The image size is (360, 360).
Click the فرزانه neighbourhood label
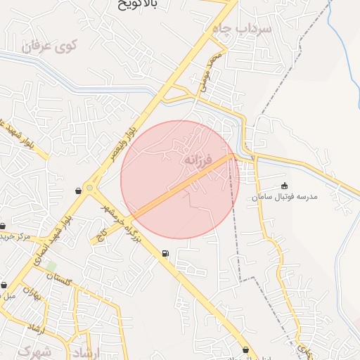click(198, 160)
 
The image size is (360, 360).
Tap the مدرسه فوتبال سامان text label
click(285, 197)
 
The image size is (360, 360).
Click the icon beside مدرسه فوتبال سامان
click(284, 186)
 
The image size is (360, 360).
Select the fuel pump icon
click(165, 253)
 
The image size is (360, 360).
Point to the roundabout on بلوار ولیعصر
click(89, 188)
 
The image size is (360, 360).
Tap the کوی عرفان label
click(48, 47)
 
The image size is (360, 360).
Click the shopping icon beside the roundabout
click(77, 191)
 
